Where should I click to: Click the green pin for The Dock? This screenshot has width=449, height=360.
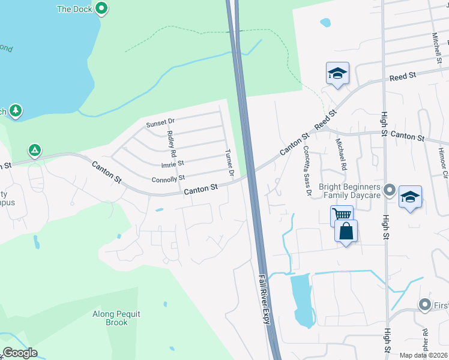101,8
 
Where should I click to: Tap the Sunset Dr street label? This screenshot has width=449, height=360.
159,124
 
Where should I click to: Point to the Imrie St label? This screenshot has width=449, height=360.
172,163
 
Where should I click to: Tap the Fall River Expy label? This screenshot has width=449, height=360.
265,300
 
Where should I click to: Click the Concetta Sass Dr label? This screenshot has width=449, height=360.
307,170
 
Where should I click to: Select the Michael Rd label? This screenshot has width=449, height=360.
341,154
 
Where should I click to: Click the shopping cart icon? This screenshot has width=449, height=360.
342,214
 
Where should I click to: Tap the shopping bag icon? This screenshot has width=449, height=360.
346,230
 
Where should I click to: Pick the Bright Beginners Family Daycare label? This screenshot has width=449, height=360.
349,191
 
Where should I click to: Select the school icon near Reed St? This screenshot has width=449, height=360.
337,73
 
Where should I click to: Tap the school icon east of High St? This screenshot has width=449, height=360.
410,197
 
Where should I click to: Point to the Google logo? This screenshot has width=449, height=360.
20,353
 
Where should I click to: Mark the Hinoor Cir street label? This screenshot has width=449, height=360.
444,163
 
